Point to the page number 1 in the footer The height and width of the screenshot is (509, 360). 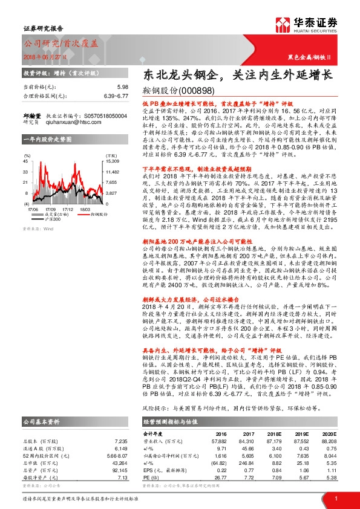click(336, 498)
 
